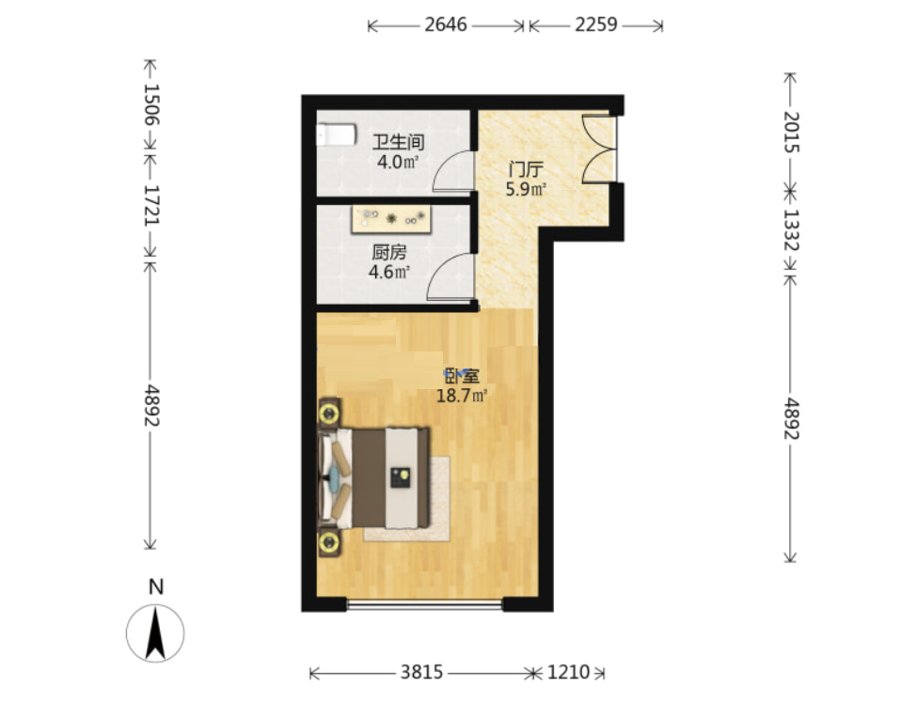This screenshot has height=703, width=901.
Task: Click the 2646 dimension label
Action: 446,25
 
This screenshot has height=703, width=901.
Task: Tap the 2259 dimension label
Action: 596,24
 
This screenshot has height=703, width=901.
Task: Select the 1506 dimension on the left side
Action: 150,104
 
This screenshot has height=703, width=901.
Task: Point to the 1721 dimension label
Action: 150,205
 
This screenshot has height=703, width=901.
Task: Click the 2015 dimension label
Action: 791,132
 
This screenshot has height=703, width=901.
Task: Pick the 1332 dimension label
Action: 791,229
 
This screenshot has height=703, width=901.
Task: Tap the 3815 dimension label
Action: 421,672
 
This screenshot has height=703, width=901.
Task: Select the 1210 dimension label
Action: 568,672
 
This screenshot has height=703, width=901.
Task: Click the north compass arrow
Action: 155,633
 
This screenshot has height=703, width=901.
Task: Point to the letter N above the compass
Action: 156,587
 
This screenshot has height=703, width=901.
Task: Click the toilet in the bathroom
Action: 336,135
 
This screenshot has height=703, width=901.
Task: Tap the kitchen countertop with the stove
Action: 391,219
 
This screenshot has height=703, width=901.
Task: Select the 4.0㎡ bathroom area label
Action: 398,162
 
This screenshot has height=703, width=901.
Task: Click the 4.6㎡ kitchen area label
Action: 389,272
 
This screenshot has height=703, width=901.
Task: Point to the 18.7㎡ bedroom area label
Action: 463,396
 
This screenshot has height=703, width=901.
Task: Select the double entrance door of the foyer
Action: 599,149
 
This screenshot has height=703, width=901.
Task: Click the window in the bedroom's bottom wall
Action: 425,604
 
